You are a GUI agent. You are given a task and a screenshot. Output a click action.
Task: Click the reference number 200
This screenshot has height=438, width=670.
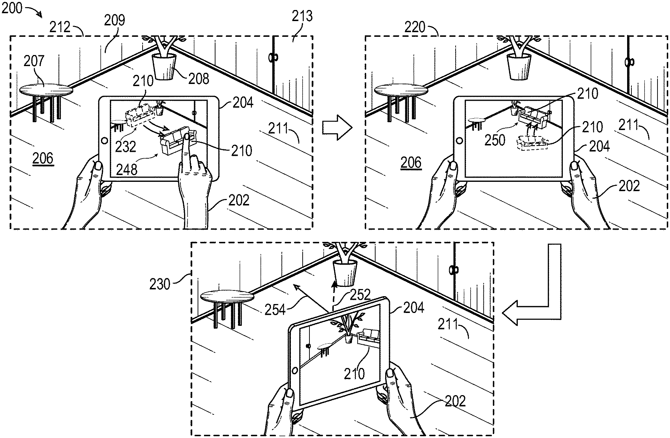12,8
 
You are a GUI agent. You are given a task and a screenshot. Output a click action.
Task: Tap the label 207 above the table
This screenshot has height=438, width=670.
34,61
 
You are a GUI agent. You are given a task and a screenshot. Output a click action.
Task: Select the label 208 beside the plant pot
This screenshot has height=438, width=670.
199,78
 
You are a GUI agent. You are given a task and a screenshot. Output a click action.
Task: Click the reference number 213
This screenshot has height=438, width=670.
302,16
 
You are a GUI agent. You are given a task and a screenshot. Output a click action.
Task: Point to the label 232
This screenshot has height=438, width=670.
126,146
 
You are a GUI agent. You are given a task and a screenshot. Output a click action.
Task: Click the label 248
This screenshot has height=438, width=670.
127,169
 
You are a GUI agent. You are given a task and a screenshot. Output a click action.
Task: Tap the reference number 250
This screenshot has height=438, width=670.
495,140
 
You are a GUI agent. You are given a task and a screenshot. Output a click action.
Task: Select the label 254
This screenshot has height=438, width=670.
275,309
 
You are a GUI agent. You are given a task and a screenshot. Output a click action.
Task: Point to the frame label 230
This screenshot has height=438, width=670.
160,284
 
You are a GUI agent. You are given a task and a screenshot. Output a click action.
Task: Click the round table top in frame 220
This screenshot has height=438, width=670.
401,89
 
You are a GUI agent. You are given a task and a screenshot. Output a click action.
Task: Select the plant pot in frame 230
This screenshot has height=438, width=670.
345,273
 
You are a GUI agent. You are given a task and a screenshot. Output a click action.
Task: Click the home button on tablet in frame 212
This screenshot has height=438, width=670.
104,140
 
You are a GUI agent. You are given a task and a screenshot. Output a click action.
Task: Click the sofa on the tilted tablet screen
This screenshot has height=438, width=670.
368,338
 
